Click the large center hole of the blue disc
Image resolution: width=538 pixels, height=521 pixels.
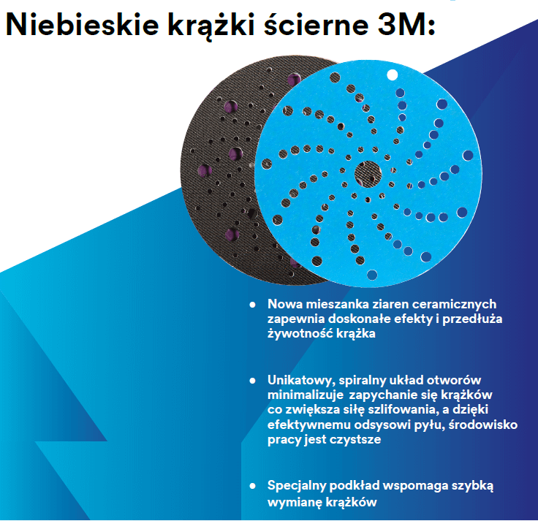[x=367, y=174]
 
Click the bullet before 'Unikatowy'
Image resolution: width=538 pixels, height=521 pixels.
[x=252, y=381]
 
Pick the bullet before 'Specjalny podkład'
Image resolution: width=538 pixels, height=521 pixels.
[x=252, y=486]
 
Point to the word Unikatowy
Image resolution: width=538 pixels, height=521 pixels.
[x=300, y=381]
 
